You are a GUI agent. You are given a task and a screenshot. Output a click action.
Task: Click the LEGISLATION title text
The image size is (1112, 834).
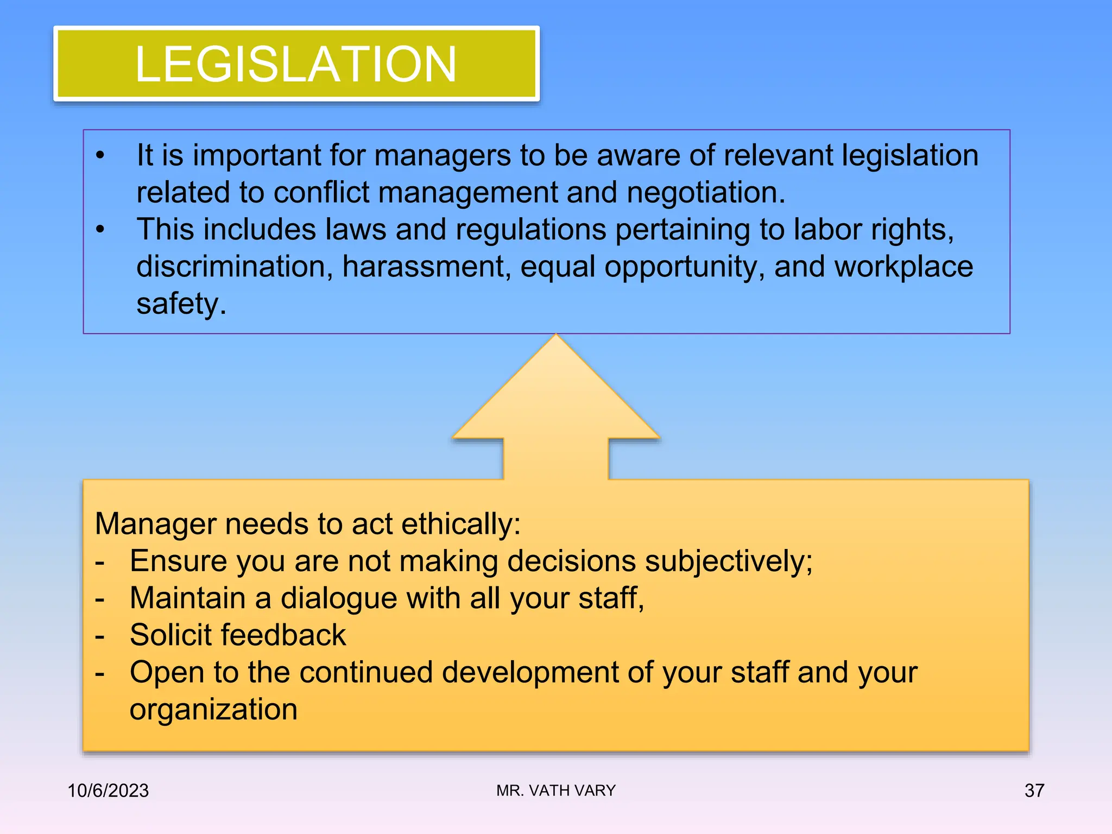(x=296, y=64)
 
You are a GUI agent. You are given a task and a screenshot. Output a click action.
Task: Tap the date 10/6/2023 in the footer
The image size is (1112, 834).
(x=108, y=791)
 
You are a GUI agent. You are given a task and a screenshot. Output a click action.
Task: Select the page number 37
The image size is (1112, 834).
(x=1034, y=791)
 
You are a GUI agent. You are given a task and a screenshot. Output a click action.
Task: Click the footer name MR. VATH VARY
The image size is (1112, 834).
(x=556, y=791)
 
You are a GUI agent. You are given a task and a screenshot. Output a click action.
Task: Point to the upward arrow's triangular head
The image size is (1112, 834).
(x=556, y=391)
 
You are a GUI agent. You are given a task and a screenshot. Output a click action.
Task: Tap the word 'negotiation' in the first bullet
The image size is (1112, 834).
(x=705, y=193)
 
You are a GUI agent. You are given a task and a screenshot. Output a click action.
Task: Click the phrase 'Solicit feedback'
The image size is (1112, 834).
(x=238, y=635)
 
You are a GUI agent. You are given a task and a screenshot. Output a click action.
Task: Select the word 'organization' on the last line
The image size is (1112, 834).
(x=213, y=709)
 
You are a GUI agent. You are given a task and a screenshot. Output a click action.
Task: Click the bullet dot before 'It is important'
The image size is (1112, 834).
(x=100, y=156)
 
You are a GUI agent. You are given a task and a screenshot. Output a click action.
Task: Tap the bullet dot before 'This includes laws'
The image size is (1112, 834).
(x=100, y=230)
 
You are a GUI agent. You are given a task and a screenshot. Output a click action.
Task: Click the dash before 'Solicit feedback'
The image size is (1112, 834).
(x=99, y=635)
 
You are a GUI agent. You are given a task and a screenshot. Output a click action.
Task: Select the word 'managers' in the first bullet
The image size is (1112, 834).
(x=443, y=156)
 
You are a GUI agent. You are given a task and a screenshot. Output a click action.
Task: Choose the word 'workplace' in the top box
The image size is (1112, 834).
(x=903, y=267)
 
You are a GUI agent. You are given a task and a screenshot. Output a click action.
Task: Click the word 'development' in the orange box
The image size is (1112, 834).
(x=529, y=672)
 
